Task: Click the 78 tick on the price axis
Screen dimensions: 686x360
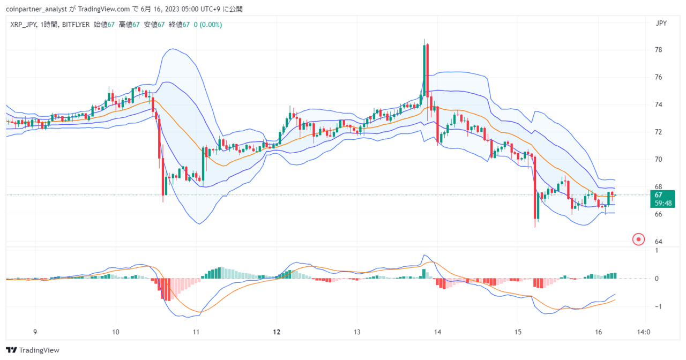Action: (x=659, y=50)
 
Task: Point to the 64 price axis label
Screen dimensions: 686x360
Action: (x=659, y=242)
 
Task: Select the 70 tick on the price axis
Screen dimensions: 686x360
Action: (x=659, y=159)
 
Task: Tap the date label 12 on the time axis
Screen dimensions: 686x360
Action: (x=277, y=332)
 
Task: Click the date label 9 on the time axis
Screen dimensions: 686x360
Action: (x=35, y=332)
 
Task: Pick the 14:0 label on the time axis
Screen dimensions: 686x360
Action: (x=644, y=332)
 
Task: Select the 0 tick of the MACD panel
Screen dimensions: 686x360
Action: (x=657, y=279)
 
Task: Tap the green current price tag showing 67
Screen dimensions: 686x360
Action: (x=662, y=199)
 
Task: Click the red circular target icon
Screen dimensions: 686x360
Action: (x=638, y=239)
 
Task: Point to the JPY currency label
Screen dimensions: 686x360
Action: (x=661, y=23)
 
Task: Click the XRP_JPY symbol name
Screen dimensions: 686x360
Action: (x=24, y=25)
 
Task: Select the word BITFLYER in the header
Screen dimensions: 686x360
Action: (x=76, y=25)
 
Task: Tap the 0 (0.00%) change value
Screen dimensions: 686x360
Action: (x=207, y=25)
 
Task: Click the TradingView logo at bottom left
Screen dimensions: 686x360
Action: (x=33, y=350)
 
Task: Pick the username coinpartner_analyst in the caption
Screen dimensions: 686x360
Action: (x=36, y=9)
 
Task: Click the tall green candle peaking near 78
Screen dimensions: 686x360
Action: (x=424, y=71)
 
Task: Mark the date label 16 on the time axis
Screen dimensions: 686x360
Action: (x=598, y=332)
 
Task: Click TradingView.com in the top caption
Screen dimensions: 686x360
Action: (x=104, y=9)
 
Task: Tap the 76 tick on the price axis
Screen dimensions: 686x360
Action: (x=659, y=77)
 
